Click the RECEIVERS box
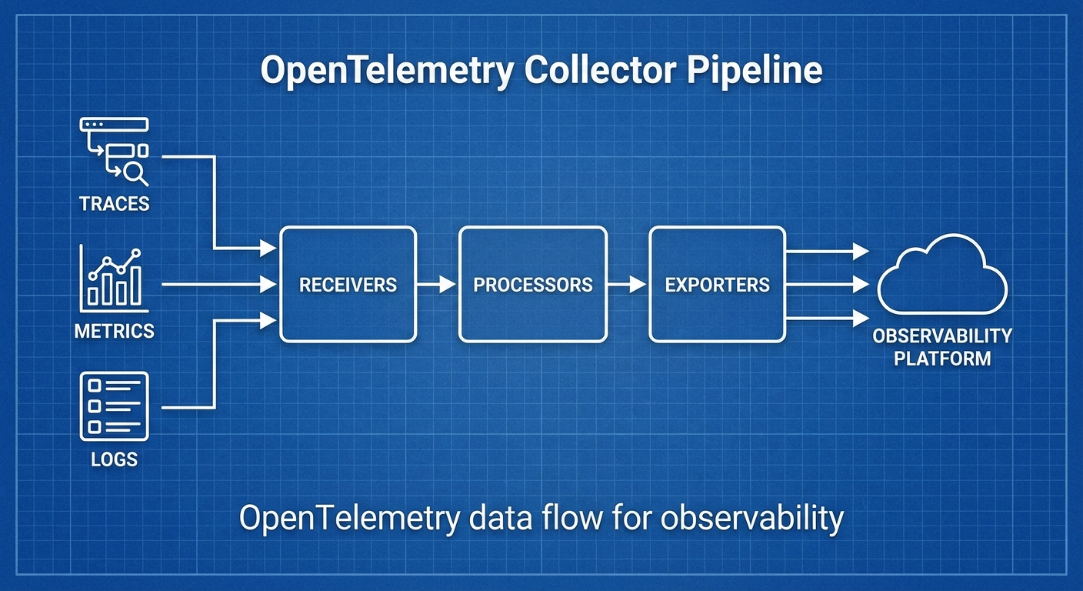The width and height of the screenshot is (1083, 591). pos(348,284)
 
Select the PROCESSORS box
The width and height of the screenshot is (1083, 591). pos(532,284)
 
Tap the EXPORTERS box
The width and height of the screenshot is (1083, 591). pos(717,284)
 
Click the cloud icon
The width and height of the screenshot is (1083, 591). pos(941,275)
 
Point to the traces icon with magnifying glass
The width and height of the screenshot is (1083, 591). pos(115,152)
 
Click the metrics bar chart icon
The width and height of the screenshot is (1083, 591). pos(115,277)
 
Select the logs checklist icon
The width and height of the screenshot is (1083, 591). pos(115,406)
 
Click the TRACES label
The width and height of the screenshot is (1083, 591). pos(114,204)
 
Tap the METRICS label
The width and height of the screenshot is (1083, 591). pos(114,331)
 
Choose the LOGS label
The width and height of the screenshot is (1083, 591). pos(114,459)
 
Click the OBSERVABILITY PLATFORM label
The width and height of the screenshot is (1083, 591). pos(941,346)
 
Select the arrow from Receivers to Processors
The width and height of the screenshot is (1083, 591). pos(437,284)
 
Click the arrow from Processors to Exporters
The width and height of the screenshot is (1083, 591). pos(627,284)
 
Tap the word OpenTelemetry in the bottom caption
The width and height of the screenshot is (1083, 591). pos(348,519)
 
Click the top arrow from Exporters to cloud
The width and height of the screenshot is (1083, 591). pos(827,250)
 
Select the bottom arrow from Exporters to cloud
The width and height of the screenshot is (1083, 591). pos(827,317)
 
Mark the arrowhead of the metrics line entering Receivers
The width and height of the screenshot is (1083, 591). pos(268,284)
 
